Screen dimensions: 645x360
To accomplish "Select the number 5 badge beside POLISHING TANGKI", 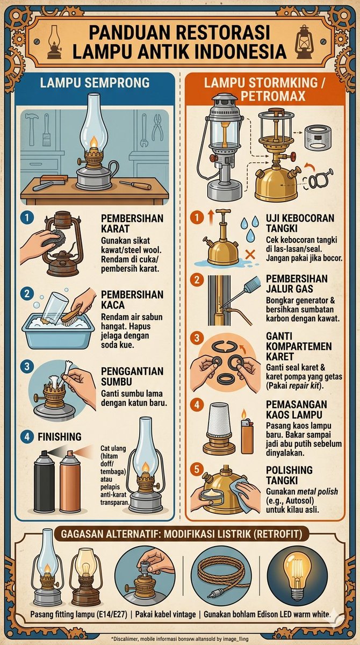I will pyautogui.click(x=197, y=469).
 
